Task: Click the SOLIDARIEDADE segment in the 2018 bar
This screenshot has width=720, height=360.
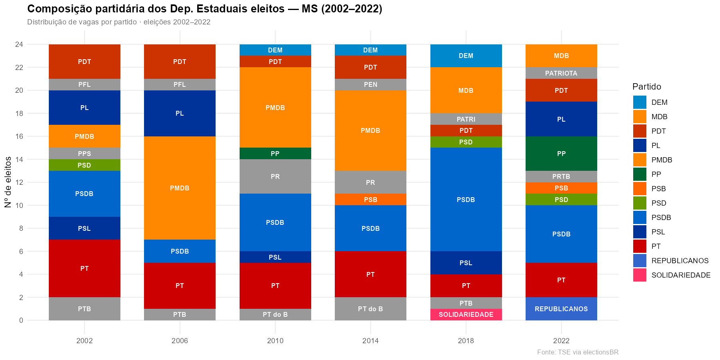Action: click(466, 314)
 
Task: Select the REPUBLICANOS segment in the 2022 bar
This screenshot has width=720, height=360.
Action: click(561, 309)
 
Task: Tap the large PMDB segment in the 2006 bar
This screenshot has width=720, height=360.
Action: click(180, 188)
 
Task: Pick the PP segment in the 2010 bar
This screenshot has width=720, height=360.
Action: click(275, 154)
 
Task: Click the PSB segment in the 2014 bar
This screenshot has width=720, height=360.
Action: click(370, 200)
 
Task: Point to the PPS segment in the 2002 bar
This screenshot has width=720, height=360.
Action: click(84, 154)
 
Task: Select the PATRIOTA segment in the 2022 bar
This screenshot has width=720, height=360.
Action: click(561, 73)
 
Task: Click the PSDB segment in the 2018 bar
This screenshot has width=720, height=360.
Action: click(466, 200)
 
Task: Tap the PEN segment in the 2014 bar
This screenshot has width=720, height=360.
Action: click(370, 84)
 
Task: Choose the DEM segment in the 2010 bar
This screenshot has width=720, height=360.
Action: click(275, 50)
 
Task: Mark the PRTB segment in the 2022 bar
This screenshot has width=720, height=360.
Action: click(561, 176)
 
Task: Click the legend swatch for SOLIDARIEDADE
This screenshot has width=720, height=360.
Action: click(640, 275)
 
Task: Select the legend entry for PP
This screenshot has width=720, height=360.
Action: click(656, 174)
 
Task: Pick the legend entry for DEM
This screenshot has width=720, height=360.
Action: click(659, 102)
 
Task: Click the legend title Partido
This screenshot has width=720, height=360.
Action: click(646, 87)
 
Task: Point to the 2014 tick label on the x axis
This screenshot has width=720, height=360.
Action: click(370, 341)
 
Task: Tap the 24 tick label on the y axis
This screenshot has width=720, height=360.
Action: click(19, 44)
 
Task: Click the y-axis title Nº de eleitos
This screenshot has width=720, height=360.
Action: click(8, 182)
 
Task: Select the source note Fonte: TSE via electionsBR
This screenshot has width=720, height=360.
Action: click(578, 352)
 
